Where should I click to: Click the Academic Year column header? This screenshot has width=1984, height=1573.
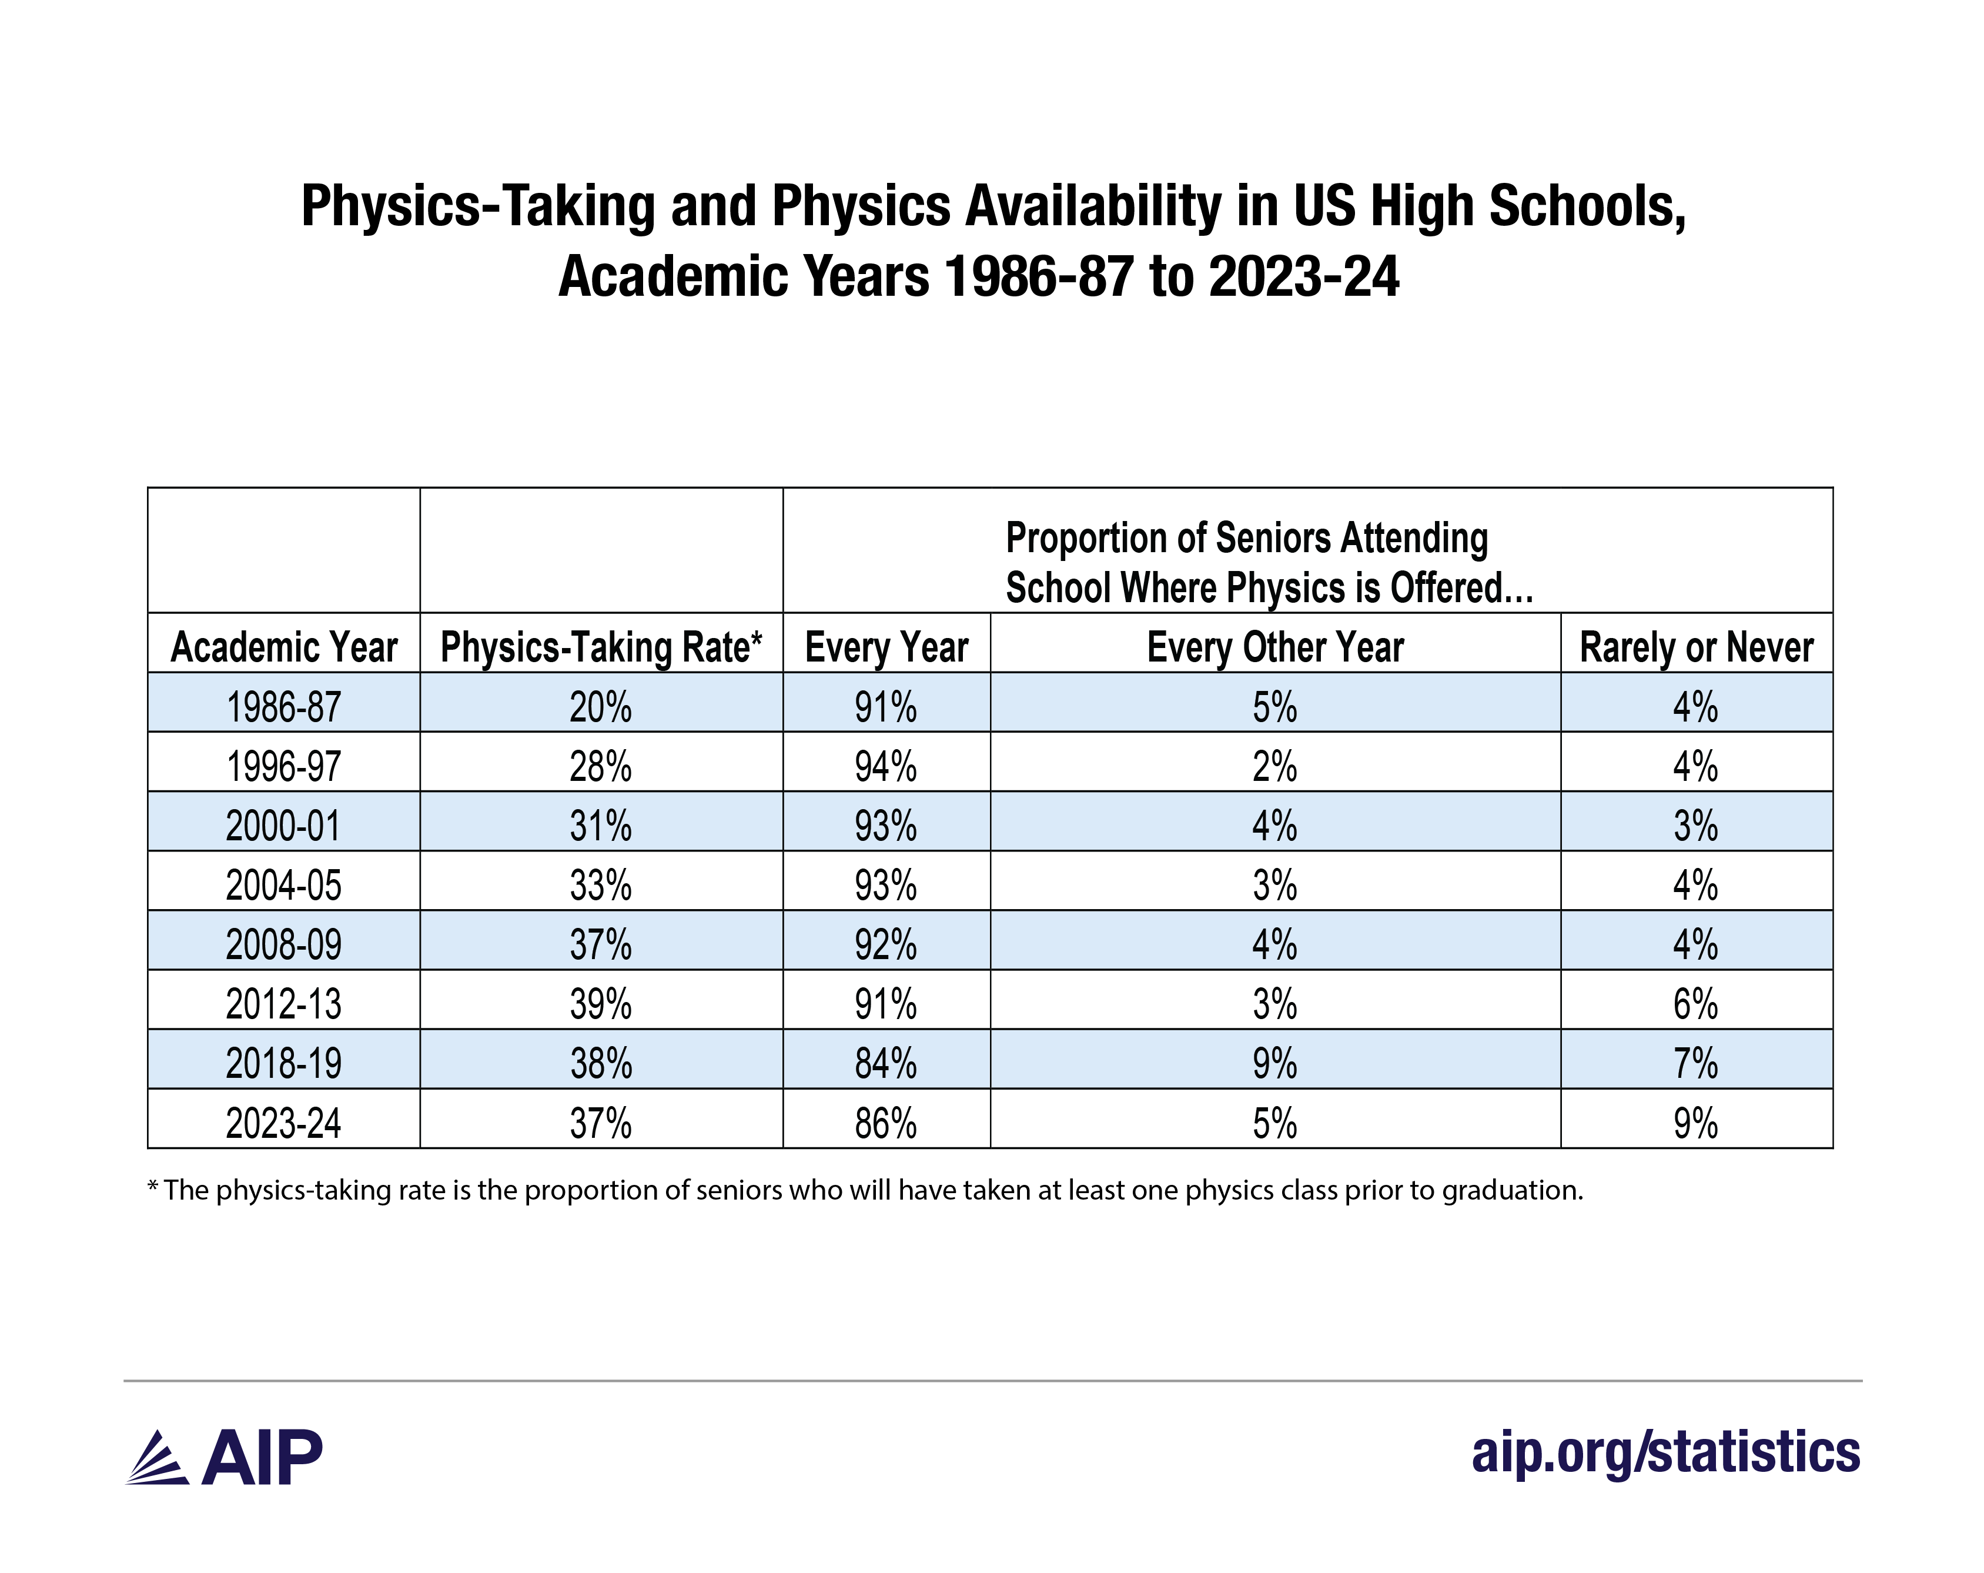tap(283, 647)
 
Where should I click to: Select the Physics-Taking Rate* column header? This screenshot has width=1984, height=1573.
tap(601, 647)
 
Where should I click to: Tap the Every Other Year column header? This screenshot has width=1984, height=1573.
tap(1274, 647)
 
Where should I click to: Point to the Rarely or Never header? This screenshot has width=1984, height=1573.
tap(1696, 647)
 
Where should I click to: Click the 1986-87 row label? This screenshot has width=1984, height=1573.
tap(283, 707)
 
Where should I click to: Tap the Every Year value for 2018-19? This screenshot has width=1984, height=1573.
tap(885, 1064)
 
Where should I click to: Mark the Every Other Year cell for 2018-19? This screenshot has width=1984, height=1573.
tap(1274, 1064)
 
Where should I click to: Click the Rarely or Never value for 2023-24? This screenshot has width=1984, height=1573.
tap(1696, 1124)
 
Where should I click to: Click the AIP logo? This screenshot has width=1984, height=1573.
tap(223, 1458)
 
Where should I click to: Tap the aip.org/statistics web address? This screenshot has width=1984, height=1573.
tap(1665, 1452)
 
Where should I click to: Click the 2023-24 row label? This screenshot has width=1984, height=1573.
tap(283, 1124)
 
